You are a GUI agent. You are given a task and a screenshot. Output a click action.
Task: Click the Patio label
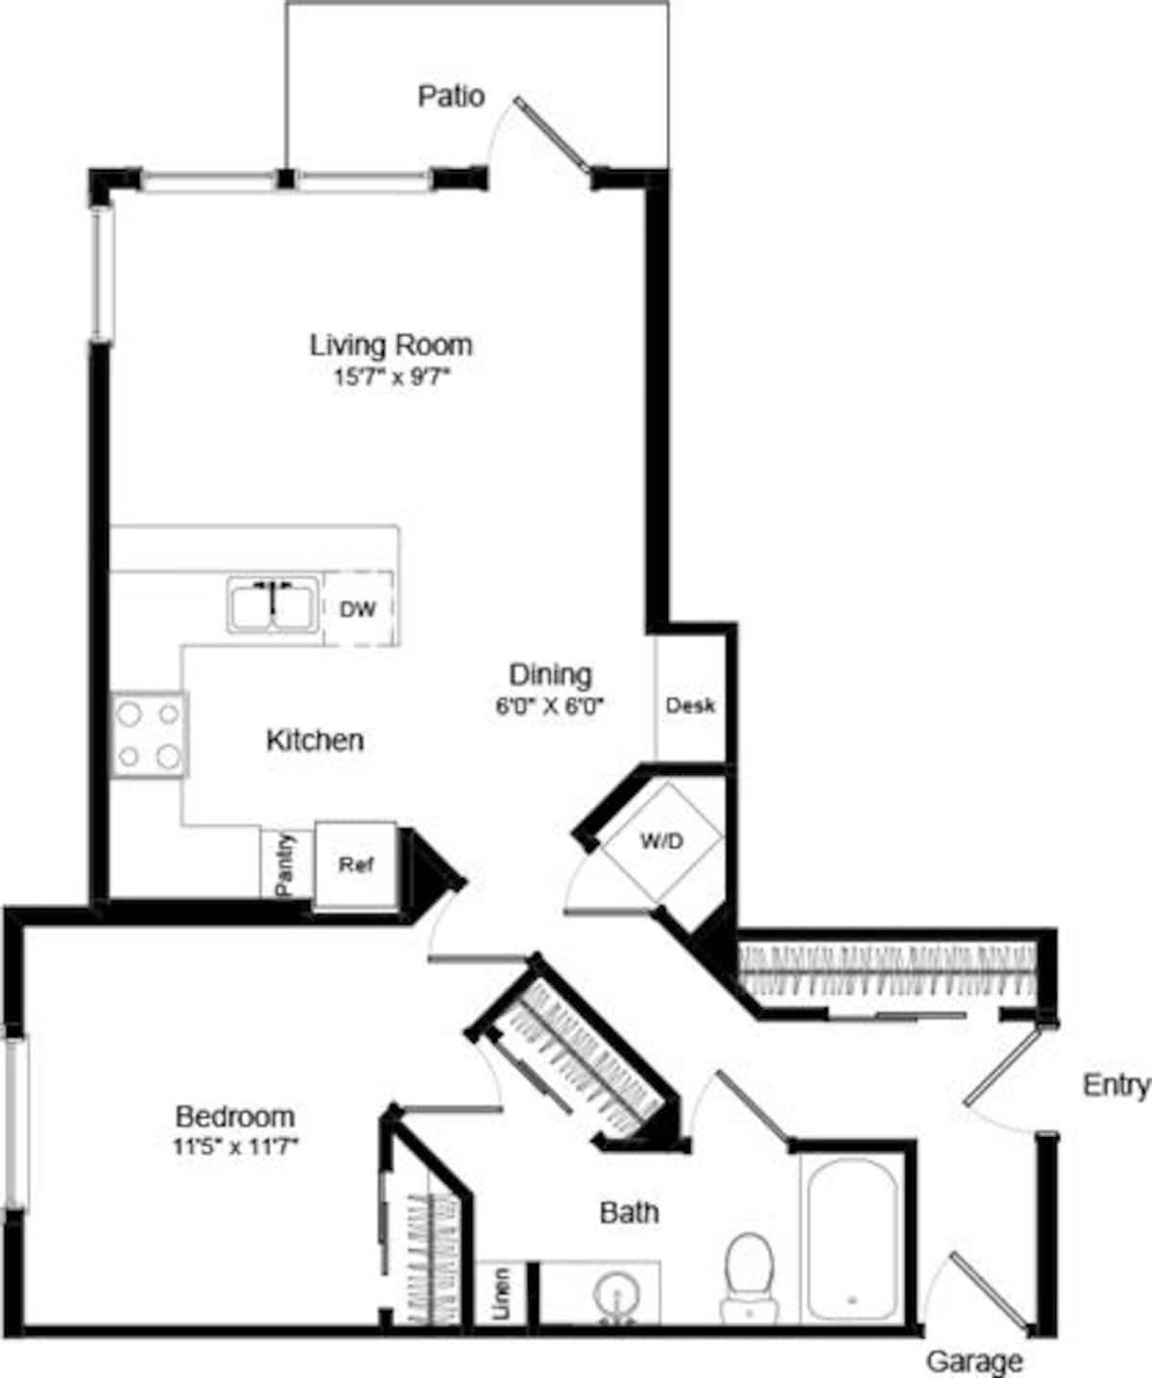[x=451, y=96]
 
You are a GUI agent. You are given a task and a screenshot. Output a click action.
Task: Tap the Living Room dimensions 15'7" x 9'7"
[x=392, y=377]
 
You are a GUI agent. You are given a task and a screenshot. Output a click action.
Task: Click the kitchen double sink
[x=274, y=605]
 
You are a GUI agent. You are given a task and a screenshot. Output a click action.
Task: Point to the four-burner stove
[x=149, y=735]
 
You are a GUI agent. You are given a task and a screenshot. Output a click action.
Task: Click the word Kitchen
[x=315, y=740]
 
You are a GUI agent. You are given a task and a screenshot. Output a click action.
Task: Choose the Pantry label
[x=285, y=865]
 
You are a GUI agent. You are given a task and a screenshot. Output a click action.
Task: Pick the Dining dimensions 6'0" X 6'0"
[x=550, y=706]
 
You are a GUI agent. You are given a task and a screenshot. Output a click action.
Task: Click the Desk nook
[x=690, y=706]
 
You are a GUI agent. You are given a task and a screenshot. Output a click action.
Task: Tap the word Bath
[x=629, y=1213]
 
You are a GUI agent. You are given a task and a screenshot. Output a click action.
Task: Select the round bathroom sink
[x=616, y=1294]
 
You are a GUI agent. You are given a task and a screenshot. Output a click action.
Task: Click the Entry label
[x=1116, y=1086]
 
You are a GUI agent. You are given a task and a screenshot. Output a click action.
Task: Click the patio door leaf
[x=553, y=135]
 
